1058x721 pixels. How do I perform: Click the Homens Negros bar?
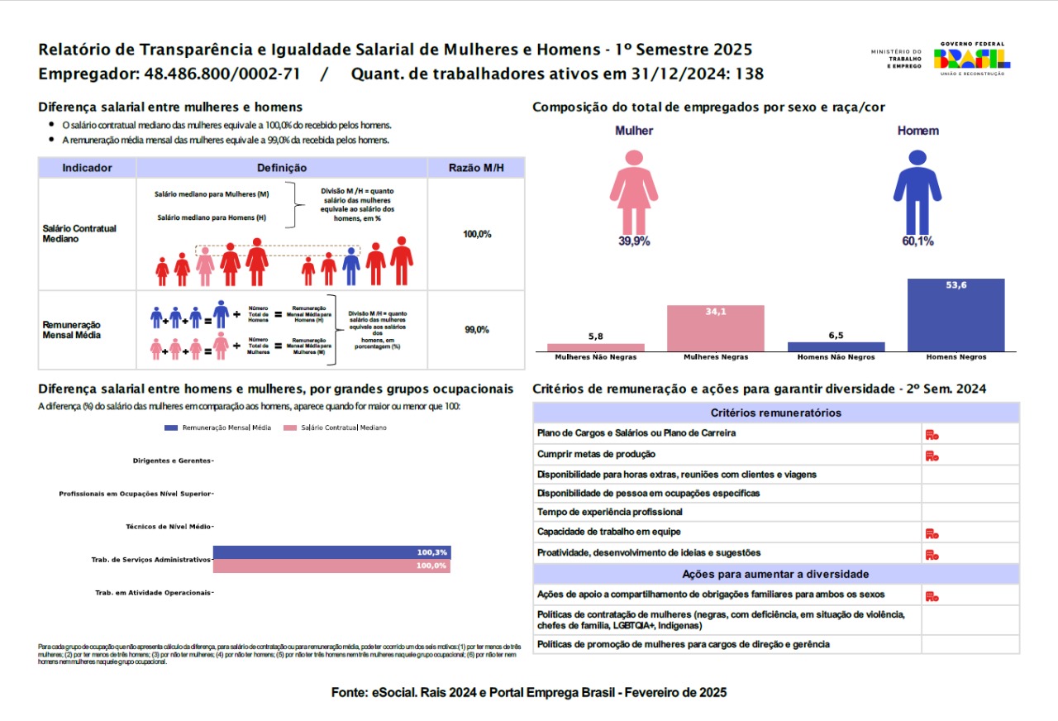click(x=956, y=315)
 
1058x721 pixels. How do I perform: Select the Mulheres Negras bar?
click(x=716, y=328)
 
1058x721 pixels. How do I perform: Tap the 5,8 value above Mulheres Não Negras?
click(x=595, y=337)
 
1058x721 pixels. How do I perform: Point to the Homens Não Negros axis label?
click(x=836, y=357)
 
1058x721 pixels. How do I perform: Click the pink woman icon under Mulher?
click(x=634, y=191)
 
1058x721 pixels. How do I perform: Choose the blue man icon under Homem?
click(x=917, y=191)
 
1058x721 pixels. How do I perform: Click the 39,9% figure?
click(x=634, y=241)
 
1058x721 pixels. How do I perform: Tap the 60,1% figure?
click(x=917, y=241)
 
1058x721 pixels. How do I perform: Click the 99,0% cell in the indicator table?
click(x=477, y=329)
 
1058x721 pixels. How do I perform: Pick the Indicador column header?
click(x=87, y=168)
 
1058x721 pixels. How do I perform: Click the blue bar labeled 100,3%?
click(x=331, y=552)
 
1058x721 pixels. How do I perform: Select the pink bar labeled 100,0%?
click(x=331, y=566)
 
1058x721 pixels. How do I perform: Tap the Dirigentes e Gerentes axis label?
click(x=172, y=461)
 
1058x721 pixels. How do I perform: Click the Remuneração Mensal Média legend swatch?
click(x=171, y=427)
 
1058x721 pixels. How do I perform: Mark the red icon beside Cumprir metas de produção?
click(x=932, y=455)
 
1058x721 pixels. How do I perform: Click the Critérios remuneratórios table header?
click(x=775, y=413)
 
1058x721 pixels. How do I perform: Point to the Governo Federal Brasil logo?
click(x=972, y=59)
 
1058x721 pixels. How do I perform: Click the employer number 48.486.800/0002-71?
click(x=222, y=74)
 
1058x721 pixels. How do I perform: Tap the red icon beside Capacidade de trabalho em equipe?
click(x=932, y=533)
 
